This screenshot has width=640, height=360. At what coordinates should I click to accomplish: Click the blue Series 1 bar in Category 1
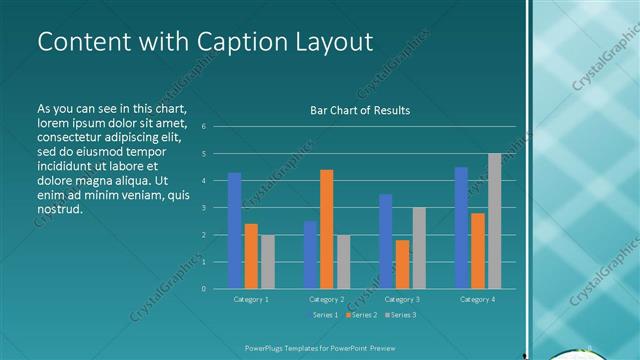[x=234, y=230]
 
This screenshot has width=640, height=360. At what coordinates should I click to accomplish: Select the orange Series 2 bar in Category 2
[x=326, y=229]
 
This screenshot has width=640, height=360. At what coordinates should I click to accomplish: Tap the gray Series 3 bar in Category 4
[x=494, y=221]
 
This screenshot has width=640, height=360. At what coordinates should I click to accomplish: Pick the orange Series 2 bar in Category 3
[x=402, y=264]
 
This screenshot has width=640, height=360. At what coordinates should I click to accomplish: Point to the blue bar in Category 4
[x=461, y=228]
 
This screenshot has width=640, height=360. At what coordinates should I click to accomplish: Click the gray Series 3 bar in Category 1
[x=267, y=261]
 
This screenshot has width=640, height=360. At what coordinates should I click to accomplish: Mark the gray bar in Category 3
[x=418, y=248]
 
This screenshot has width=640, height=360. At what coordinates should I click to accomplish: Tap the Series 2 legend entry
[x=362, y=316]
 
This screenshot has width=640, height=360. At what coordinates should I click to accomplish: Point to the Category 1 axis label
[x=250, y=299]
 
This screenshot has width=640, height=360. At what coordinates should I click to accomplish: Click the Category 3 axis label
[x=402, y=299]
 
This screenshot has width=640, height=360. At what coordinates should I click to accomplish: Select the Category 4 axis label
[x=477, y=299]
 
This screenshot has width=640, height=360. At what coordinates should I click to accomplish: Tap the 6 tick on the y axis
[x=203, y=127]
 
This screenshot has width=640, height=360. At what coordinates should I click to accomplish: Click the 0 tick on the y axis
[x=203, y=289]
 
